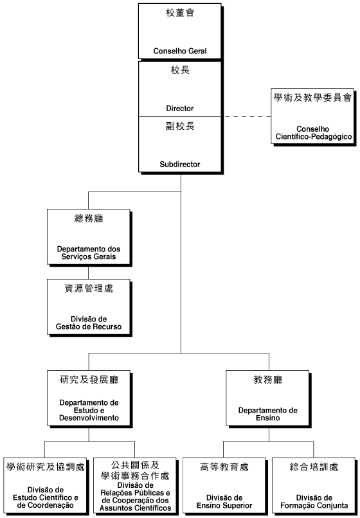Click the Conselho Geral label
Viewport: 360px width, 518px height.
pos(180,51)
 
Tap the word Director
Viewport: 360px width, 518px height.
pos(180,109)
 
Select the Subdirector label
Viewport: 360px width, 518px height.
pos(180,164)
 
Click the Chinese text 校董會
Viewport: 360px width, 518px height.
pos(180,13)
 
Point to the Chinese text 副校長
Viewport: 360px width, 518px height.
pos(180,126)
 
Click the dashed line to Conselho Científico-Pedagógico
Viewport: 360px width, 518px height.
pos(248,116)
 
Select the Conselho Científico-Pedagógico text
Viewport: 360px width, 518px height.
pos(313,133)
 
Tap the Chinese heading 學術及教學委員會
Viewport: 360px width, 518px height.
pos(312,98)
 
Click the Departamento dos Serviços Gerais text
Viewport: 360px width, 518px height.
pos(89,253)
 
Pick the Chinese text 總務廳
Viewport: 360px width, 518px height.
pos(89,219)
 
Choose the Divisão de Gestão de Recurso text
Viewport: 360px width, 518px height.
pos(89,323)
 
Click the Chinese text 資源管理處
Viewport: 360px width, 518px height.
pos(89,289)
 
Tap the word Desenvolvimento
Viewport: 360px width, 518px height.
pos(89,418)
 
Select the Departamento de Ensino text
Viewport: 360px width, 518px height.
pos(268,414)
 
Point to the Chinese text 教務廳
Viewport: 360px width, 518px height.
pos(268,380)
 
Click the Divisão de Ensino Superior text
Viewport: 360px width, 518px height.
pos(224,501)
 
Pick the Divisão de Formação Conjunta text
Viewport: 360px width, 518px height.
pos(314,501)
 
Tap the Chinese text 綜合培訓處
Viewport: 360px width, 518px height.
pos(314,467)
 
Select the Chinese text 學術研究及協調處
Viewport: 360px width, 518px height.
pos(46,467)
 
